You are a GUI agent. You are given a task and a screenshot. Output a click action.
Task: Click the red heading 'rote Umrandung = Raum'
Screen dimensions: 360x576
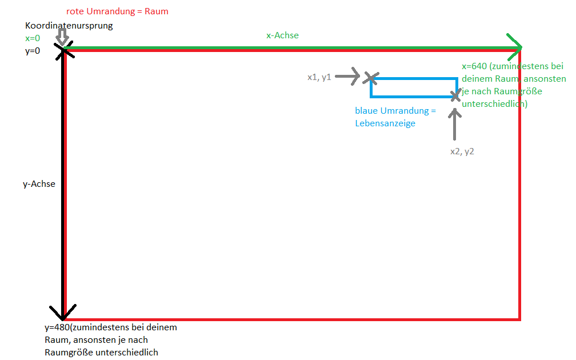117,11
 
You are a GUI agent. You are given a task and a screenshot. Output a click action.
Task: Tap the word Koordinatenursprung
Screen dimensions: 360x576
69,26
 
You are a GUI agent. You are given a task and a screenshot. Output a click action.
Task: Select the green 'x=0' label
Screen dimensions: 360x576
33,38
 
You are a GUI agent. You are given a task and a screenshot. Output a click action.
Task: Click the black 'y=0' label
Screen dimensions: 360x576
33,51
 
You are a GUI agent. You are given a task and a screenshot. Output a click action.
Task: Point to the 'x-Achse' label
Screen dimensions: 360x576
282,35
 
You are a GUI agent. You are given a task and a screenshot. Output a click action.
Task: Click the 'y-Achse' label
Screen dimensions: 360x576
39,184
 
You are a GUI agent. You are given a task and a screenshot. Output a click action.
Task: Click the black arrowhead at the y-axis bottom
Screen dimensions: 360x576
62,313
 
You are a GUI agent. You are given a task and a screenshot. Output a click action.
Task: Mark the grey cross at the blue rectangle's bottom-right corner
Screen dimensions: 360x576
455,96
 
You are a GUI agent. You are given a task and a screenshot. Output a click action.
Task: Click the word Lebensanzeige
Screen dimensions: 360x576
385,123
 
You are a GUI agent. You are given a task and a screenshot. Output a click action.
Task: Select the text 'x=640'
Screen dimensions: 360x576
474,67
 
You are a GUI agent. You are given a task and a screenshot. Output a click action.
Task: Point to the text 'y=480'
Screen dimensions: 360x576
58,327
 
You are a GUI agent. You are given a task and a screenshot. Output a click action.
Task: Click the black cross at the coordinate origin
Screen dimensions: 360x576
64,50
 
